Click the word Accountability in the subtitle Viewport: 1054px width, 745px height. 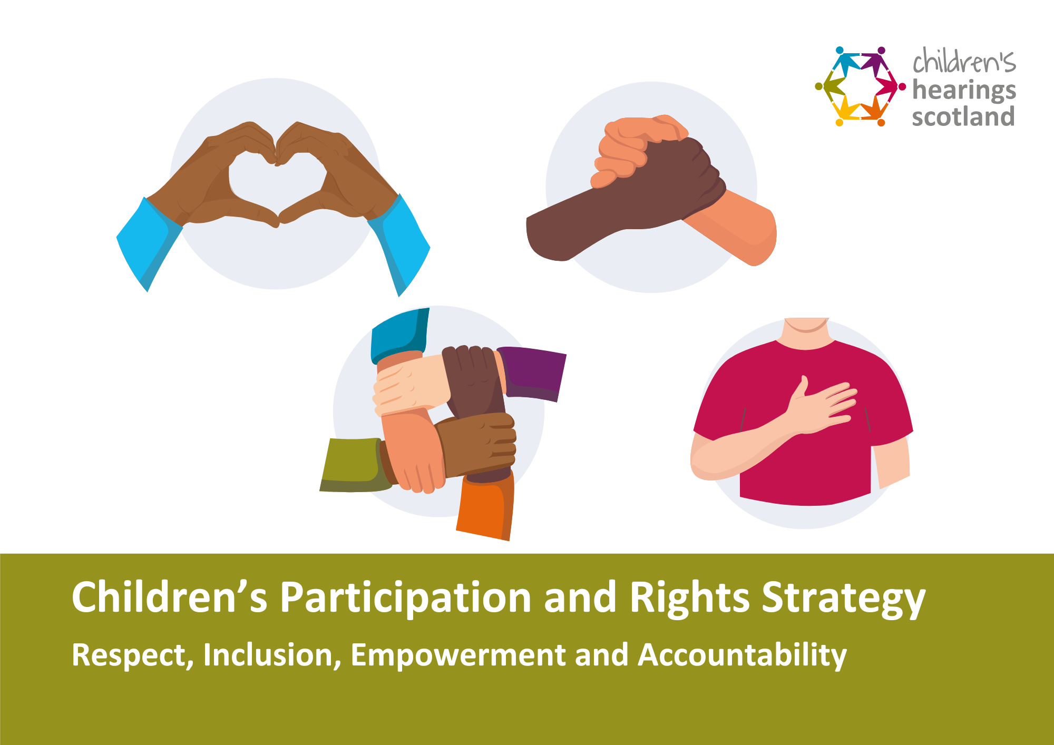(743, 655)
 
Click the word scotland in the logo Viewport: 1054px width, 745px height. (963, 116)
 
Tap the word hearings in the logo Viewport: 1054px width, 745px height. (964, 91)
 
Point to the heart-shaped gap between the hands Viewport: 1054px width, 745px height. (275, 182)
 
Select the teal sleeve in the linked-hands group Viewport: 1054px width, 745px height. (399, 335)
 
